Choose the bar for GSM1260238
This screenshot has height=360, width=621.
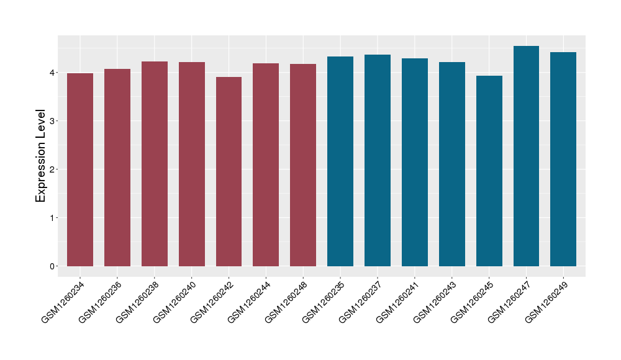coord(155,164)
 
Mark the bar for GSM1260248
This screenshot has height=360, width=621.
coord(303,165)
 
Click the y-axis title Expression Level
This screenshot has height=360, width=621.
coord(41,156)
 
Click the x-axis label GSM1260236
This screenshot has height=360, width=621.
coord(101,302)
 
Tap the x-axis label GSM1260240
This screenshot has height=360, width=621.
coord(176,302)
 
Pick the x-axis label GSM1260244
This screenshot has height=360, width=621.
coord(250,302)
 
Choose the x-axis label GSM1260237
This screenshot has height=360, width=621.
coord(361,302)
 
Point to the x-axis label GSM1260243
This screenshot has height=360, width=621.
coord(436,302)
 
